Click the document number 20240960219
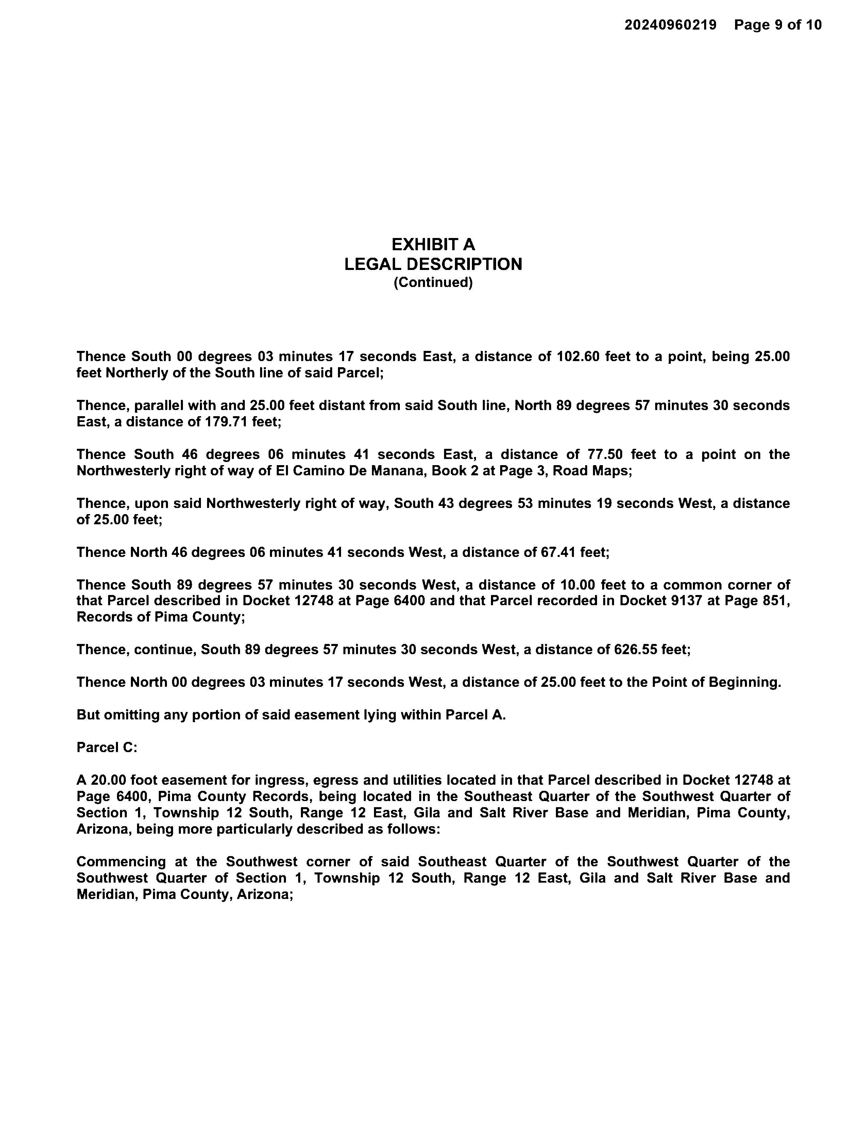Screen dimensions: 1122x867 pyautogui.click(x=670, y=25)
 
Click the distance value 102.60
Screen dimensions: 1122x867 pyautogui.click(x=578, y=357)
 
